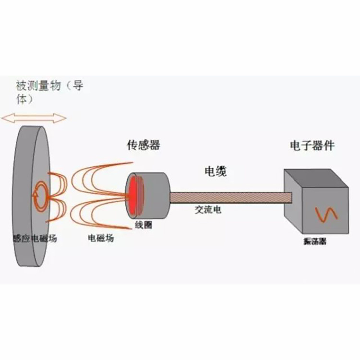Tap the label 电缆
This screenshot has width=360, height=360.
coord(216,171)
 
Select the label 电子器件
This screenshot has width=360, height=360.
coord(312,145)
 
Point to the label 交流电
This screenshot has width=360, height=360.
coord(208,210)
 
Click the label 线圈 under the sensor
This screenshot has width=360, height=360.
coord(144,224)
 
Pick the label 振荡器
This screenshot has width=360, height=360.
coord(315,242)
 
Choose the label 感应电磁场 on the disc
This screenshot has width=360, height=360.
coord(35,238)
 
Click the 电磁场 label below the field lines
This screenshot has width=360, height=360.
coord(101,238)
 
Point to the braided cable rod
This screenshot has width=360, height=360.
coord(230,197)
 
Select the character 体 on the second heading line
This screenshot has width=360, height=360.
coord(21,100)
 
